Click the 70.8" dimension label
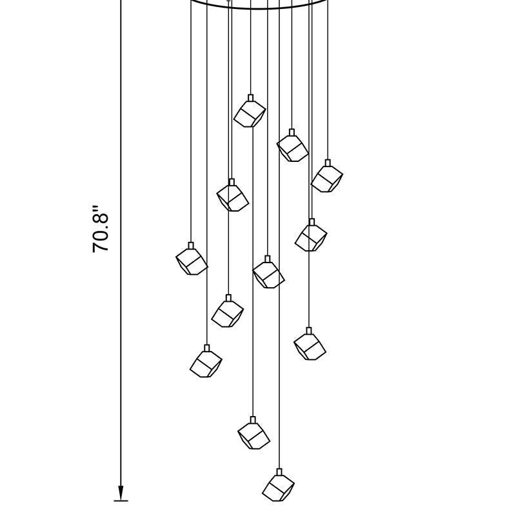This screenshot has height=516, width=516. pyautogui.click(x=101, y=230)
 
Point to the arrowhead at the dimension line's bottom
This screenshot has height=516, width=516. pyautogui.click(x=121, y=493)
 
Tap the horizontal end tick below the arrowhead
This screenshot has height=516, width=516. pyautogui.click(x=121, y=501)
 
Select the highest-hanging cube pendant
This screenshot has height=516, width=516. pyautogui.click(x=250, y=111)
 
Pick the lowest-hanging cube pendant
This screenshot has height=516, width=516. pyautogui.click(x=279, y=485)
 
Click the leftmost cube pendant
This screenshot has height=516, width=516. pyautogui.click(x=192, y=259)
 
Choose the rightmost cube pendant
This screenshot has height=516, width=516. pyautogui.click(x=327, y=176)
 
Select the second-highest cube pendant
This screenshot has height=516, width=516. pyautogui.click(x=292, y=146)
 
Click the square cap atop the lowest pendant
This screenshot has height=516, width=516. pyautogui.click(x=279, y=472)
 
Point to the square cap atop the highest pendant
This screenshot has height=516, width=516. pyautogui.click(x=251, y=98)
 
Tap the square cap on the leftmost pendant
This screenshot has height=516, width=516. pyautogui.click(x=191, y=246)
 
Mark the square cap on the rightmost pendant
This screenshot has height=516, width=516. pyautogui.click(x=328, y=163)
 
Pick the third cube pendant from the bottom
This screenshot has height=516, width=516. pyautogui.click(x=206, y=361)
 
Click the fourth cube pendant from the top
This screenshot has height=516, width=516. pyautogui.click(x=232, y=195)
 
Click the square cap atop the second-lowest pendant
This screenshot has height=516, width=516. pyautogui.click(x=253, y=420)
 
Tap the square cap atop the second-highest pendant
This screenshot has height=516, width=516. pyautogui.click(x=292, y=132)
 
